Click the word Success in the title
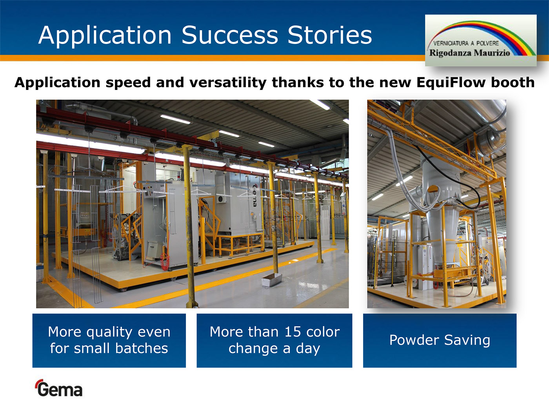tap(230, 35)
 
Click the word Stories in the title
tap(330, 35)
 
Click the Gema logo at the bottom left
tap(59, 388)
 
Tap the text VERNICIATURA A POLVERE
tap(466, 43)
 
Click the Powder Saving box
tap(440, 341)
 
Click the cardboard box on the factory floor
tap(272, 280)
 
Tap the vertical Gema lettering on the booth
tap(255, 195)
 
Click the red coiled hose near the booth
tap(165, 261)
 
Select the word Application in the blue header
tap(105, 35)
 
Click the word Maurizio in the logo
tap(492, 53)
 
